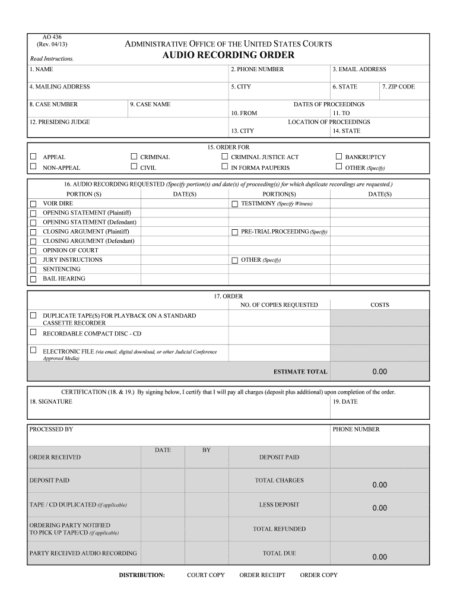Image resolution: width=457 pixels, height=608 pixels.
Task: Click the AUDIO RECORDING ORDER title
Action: (228, 55)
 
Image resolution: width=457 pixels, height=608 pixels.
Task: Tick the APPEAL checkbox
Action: (33, 157)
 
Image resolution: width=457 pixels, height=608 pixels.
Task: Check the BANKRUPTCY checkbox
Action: (339, 157)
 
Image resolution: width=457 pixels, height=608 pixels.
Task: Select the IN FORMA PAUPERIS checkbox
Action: (225, 167)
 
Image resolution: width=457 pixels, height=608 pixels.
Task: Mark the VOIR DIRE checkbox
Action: (33, 204)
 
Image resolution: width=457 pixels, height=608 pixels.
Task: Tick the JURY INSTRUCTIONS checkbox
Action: (33, 260)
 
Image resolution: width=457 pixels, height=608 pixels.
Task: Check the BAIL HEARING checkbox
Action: (33, 279)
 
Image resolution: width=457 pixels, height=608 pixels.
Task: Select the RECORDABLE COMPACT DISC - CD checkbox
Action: (33, 332)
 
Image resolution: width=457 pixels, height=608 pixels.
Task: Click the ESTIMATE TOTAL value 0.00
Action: (379, 372)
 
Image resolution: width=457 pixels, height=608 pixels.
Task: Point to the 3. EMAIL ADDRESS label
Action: (359, 69)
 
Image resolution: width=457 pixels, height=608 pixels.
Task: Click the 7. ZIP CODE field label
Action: (398, 87)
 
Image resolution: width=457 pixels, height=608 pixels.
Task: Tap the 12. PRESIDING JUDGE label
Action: (59, 122)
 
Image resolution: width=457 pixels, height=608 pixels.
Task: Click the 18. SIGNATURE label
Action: (50, 401)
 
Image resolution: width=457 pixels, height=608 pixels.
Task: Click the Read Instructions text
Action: (52, 59)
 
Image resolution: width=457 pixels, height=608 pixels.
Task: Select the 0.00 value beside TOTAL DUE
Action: (379, 557)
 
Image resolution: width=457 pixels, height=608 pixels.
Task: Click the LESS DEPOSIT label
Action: (279, 505)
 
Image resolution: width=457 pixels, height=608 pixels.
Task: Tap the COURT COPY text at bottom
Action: (205, 575)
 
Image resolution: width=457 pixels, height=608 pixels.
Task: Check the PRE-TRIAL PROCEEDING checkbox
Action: (234, 232)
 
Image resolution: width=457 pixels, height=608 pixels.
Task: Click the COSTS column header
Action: (379, 305)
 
